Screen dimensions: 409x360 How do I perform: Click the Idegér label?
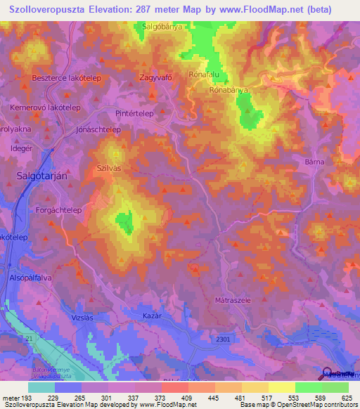coord(21,149)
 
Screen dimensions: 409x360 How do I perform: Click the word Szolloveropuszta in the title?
coord(52,9)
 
